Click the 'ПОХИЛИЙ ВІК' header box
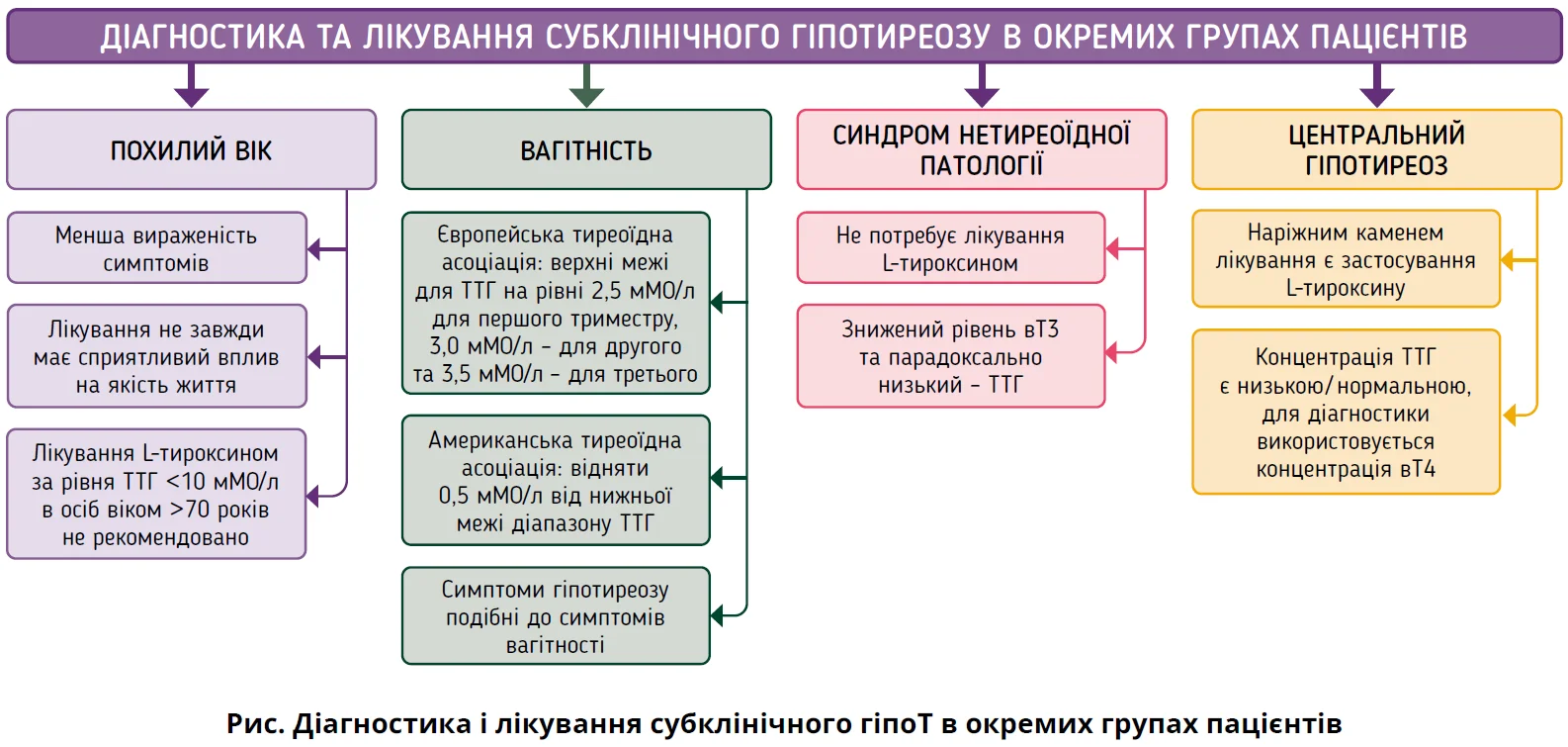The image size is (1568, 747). [x=191, y=149]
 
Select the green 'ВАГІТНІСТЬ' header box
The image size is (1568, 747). [x=585, y=149]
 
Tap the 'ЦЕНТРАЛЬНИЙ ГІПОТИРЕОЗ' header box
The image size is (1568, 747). [x=1376, y=149]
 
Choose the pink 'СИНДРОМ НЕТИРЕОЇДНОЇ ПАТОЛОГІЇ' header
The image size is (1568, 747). [x=981, y=149]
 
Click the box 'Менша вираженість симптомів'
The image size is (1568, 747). [x=156, y=248]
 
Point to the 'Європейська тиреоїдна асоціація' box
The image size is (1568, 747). [x=556, y=304]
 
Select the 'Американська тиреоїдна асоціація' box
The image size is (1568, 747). [x=556, y=481]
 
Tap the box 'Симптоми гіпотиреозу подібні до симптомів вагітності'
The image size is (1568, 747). [x=556, y=616]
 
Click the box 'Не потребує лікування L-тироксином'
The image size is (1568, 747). [x=950, y=248]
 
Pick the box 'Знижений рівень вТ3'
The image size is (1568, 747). [x=950, y=356]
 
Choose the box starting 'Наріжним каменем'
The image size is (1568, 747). [x=1346, y=259]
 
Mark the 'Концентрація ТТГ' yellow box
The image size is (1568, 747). [x=1346, y=413]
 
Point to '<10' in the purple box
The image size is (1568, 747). [x=185, y=482]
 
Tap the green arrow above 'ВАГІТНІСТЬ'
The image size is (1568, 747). [x=586, y=88]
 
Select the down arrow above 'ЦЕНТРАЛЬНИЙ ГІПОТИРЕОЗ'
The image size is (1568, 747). [x=1376, y=88]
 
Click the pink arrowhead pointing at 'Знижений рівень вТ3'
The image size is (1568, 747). [x=1112, y=352]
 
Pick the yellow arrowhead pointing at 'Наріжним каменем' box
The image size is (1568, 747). [x=1508, y=260]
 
